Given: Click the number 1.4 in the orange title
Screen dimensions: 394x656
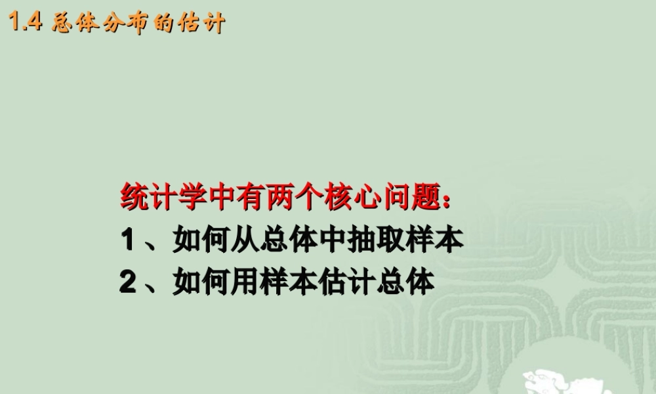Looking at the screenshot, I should point(26,24).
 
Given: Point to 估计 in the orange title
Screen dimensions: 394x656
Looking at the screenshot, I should point(201,24).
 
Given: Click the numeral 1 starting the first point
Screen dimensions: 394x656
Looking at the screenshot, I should point(127,240).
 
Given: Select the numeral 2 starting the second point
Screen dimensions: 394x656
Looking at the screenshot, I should point(127,282).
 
